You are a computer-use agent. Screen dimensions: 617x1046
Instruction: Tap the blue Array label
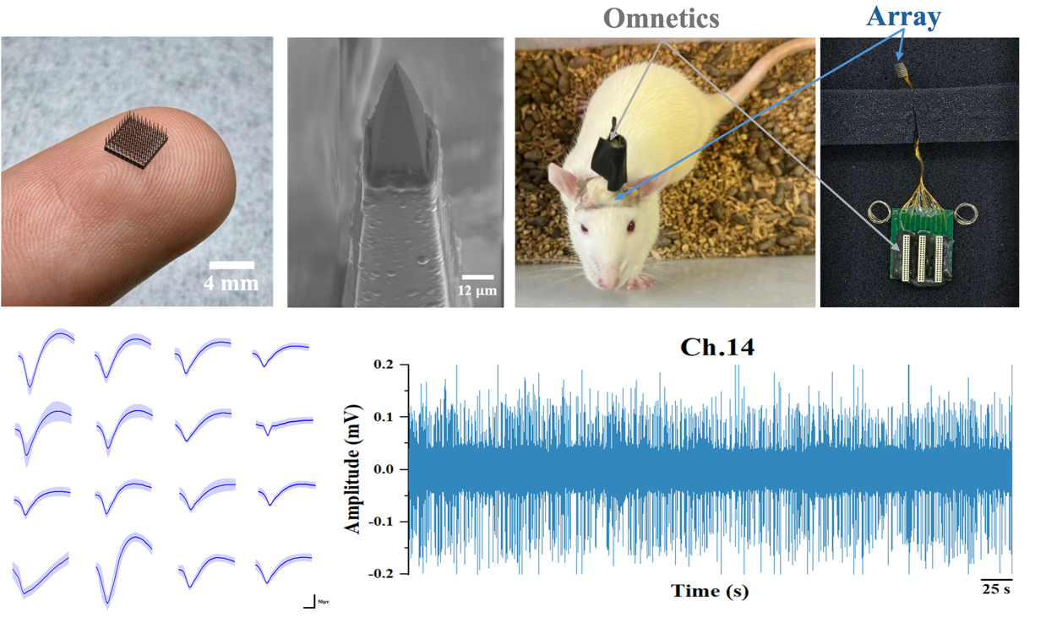click(x=905, y=17)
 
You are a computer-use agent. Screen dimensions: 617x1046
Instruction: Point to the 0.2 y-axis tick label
click(x=382, y=364)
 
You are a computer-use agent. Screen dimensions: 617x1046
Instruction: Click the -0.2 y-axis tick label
click(x=379, y=574)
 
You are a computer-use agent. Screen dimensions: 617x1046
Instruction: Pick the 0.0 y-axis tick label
click(x=382, y=469)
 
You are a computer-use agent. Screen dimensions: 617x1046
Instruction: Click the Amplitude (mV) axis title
click(x=354, y=468)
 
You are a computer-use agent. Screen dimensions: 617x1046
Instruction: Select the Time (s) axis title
click(x=710, y=591)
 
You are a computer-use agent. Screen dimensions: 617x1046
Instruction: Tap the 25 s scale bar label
click(x=996, y=590)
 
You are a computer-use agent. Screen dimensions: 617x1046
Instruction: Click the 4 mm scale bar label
click(x=232, y=283)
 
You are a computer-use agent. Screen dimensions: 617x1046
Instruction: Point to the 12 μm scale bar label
click(x=478, y=292)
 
